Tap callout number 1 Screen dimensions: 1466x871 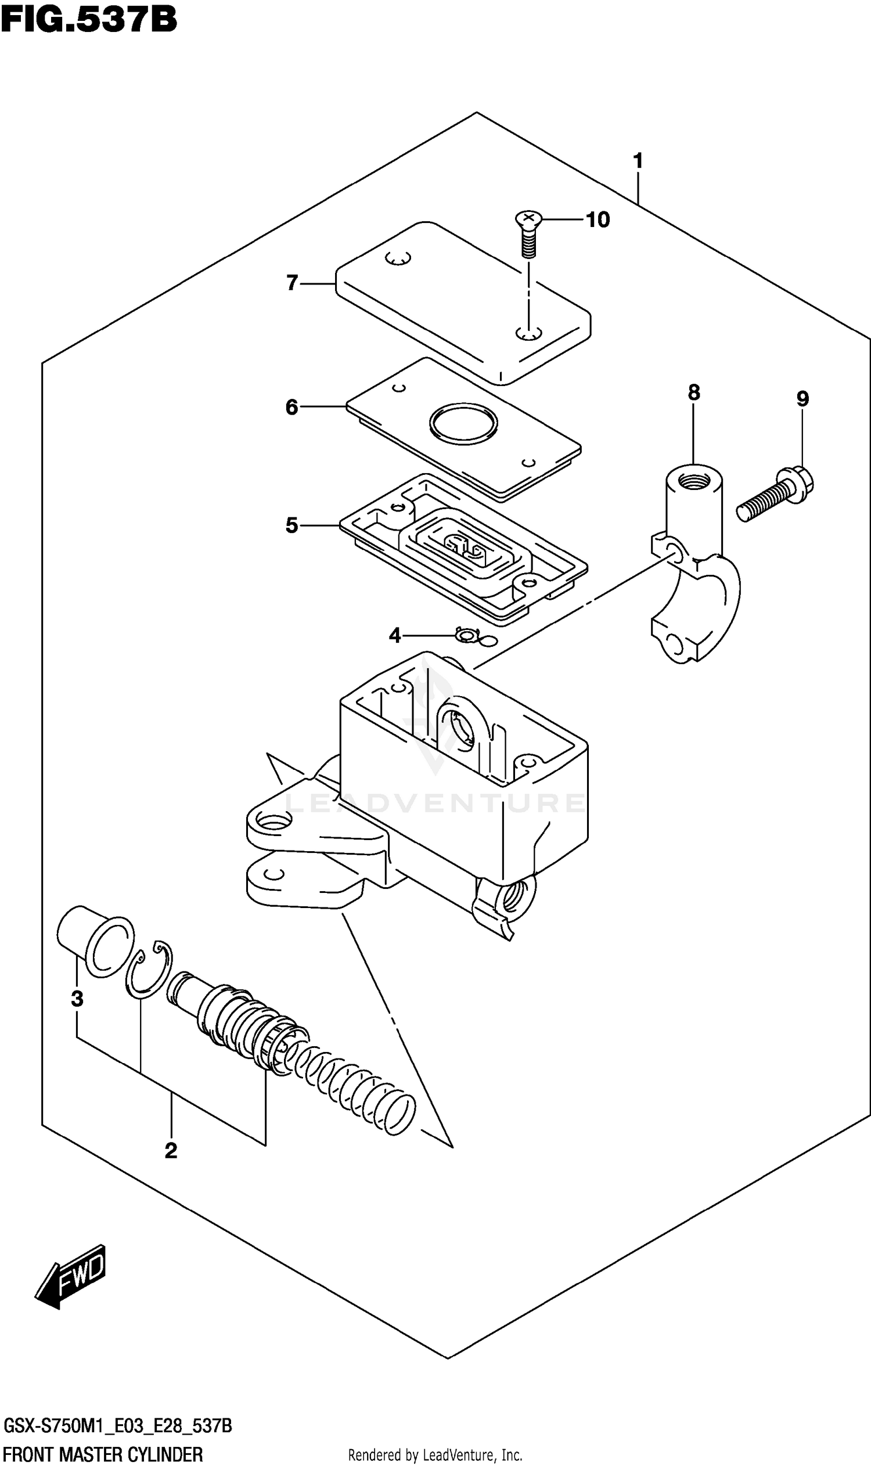click(x=638, y=160)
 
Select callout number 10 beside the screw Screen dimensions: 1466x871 click(x=598, y=220)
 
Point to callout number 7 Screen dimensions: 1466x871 click(x=292, y=283)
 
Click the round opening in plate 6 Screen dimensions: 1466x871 click(x=463, y=423)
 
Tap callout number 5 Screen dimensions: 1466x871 click(x=291, y=525)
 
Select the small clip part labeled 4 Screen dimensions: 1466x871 click(x=467, y=635)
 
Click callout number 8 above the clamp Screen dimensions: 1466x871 click(x=694, y=392)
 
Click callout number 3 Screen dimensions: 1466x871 click(x=77, y=997)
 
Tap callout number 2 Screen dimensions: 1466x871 click(x=171, y=1150)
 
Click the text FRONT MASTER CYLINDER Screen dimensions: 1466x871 click(x=103, y=1450)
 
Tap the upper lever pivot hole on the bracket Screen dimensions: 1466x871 click(x=271, y=820)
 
